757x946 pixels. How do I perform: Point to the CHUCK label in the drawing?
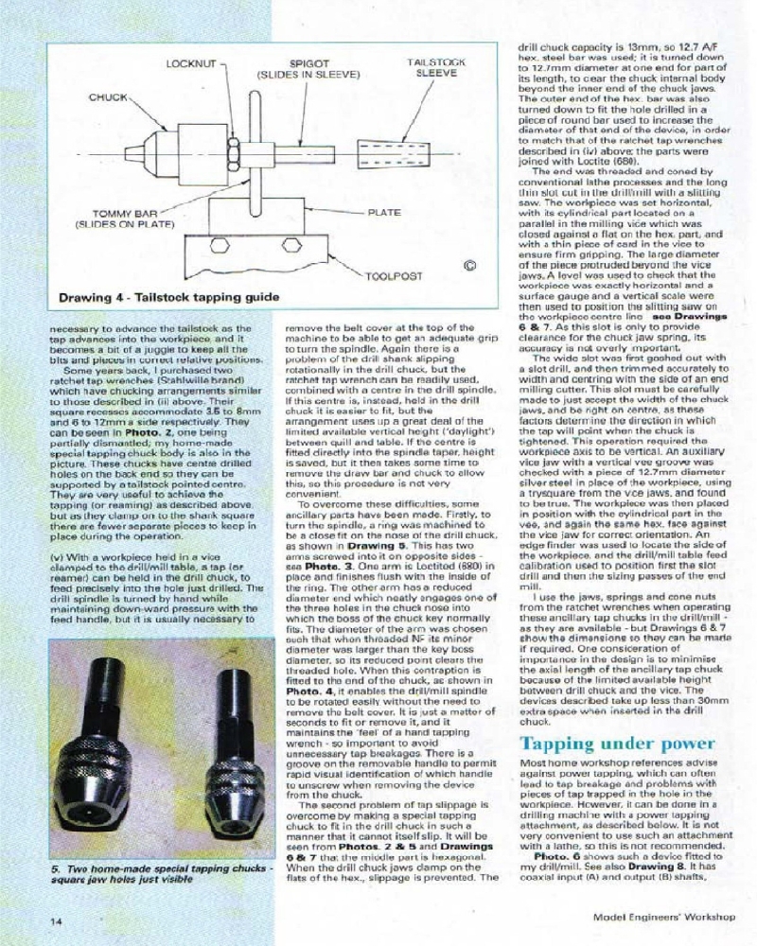109,97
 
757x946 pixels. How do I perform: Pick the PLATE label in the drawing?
383,213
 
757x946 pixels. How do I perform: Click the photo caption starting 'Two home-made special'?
157,873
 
